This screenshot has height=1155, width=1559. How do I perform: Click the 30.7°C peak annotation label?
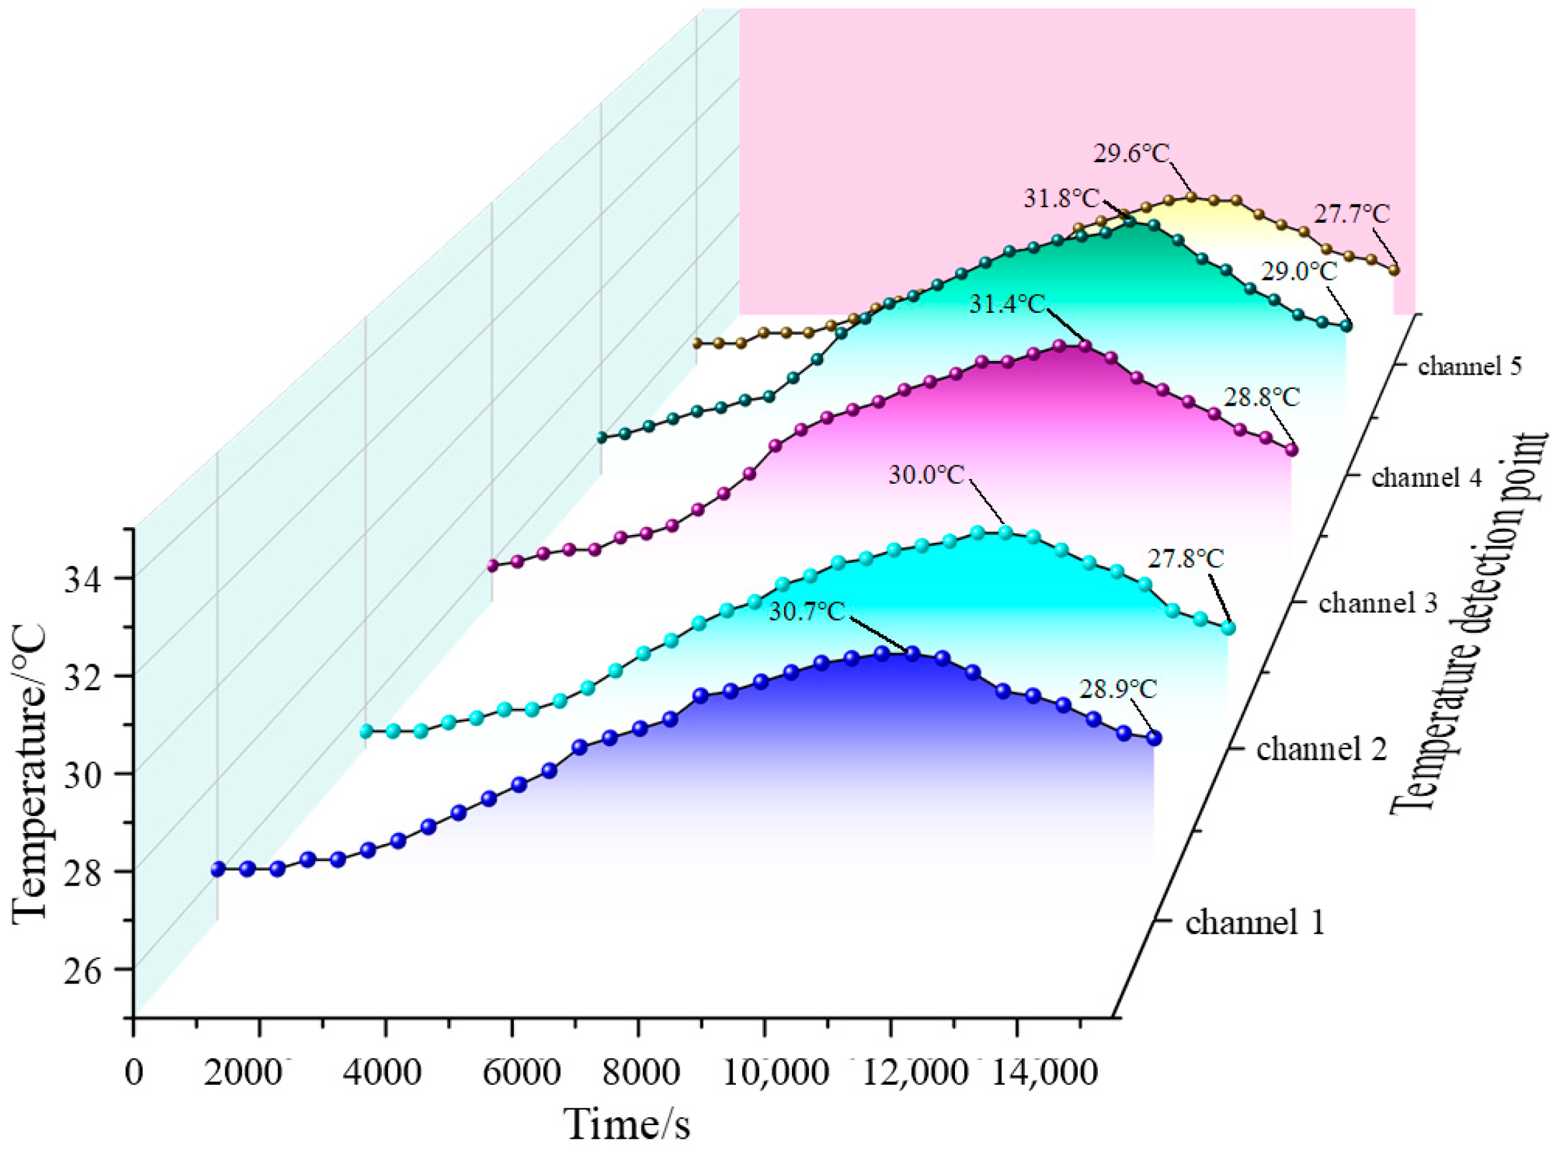[807, 612]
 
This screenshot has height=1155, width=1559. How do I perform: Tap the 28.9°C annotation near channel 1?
[1118, 689]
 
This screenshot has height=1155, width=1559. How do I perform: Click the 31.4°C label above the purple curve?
[1006, 305]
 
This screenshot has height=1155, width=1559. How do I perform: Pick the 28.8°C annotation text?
[1261, 398]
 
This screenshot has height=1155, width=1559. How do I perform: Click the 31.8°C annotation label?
[1061, 199]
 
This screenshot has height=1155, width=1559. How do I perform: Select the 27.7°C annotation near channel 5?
[1351, 215]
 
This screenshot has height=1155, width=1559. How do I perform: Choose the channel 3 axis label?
[1377, 602]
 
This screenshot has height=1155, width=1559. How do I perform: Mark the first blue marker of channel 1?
[218, 869]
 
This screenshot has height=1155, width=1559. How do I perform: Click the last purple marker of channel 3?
[1291, 451]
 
